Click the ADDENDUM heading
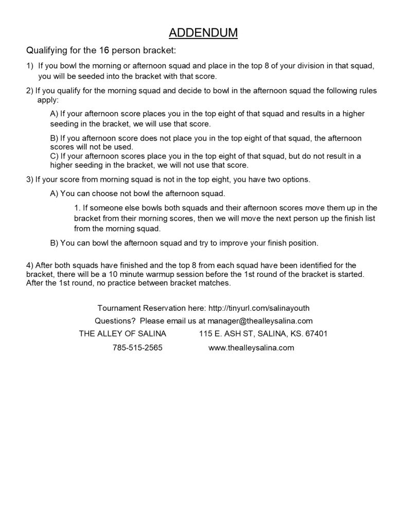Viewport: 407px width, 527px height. click(x=203, y=33)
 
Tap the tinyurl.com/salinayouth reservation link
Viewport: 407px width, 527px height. click(x=258, y=308)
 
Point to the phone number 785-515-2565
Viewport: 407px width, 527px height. click(x=137, y=347)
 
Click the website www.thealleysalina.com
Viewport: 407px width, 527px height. click(x=251, y=347)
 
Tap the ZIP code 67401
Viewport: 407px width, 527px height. click(x=316, y=333)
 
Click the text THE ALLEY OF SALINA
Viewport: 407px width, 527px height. click(x=122, y=333)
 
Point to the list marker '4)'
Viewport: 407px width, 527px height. click(x=29, y=265)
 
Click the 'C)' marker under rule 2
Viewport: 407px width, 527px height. click(x=55, y=156)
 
